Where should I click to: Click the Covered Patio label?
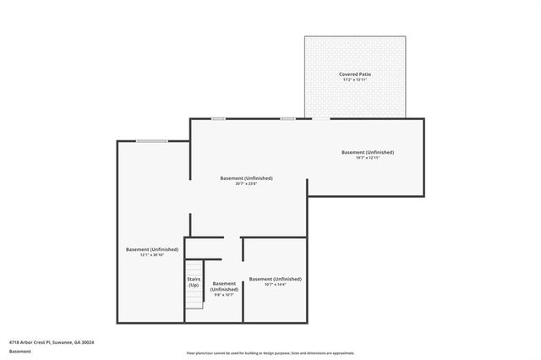[x=355, y=74]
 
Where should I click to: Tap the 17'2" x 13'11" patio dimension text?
[x=355, y=80]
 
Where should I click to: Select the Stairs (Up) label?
[x=194, y=282]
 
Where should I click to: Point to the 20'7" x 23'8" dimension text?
[x=246, y=184]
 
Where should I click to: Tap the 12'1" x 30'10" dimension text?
[x=152, y=255]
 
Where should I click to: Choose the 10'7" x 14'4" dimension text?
[x=275, y=284]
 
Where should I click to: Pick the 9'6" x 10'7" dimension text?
[x=224, y=295]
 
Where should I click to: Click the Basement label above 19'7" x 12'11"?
[x=368, y=152]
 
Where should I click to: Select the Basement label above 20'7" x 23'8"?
[x=246, y=178]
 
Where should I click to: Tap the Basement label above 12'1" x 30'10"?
[x=152, y=249]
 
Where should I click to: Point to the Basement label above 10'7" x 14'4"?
[x=275, y=278]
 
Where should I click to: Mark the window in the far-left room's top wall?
[x=151, y=141]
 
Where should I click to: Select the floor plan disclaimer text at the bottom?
[x=270, y=353]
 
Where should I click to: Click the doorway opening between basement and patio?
[x=320, y=118]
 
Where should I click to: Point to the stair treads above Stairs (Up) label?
[x=194, y=266]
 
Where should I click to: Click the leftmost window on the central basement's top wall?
[x=218, y=118]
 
